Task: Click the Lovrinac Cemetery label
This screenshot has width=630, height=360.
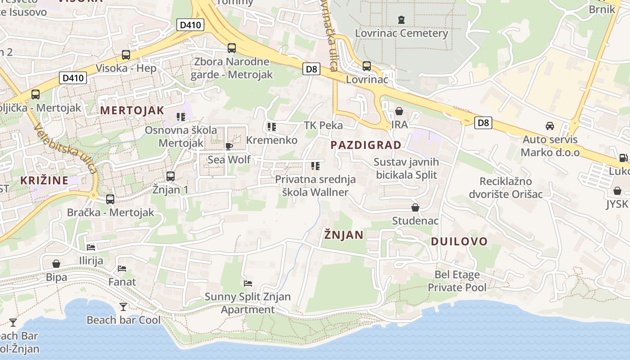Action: (401, 33)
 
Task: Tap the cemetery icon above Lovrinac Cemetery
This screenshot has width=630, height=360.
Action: (401, 20)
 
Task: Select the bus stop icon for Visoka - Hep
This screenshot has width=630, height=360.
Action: (126, 55)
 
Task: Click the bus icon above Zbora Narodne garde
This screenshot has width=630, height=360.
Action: (232, 48)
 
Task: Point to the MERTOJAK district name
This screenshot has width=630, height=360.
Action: (132, 110)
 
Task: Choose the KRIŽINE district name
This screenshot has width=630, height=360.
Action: (44, 180)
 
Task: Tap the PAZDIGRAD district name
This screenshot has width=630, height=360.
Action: (366, 145)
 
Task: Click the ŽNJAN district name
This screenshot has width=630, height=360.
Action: (344, 235)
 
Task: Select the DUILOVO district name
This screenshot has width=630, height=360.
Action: (459, 241)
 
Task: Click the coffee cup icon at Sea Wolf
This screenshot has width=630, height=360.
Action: (229, 146)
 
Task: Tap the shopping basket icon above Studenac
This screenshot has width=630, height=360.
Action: (415, 207)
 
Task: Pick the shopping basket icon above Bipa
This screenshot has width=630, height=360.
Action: (56, 264)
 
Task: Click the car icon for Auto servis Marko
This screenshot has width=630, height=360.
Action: (549, 126)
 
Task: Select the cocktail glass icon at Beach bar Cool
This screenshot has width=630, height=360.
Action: (123, 307)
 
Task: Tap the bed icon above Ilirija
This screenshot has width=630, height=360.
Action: (91, 247)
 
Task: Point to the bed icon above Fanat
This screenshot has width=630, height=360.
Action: (122, 269)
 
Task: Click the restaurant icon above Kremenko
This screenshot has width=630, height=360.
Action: (271, 127)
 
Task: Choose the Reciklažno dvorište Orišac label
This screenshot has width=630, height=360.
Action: (506, 188)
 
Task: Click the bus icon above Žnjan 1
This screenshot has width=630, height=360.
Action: (171, 176)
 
